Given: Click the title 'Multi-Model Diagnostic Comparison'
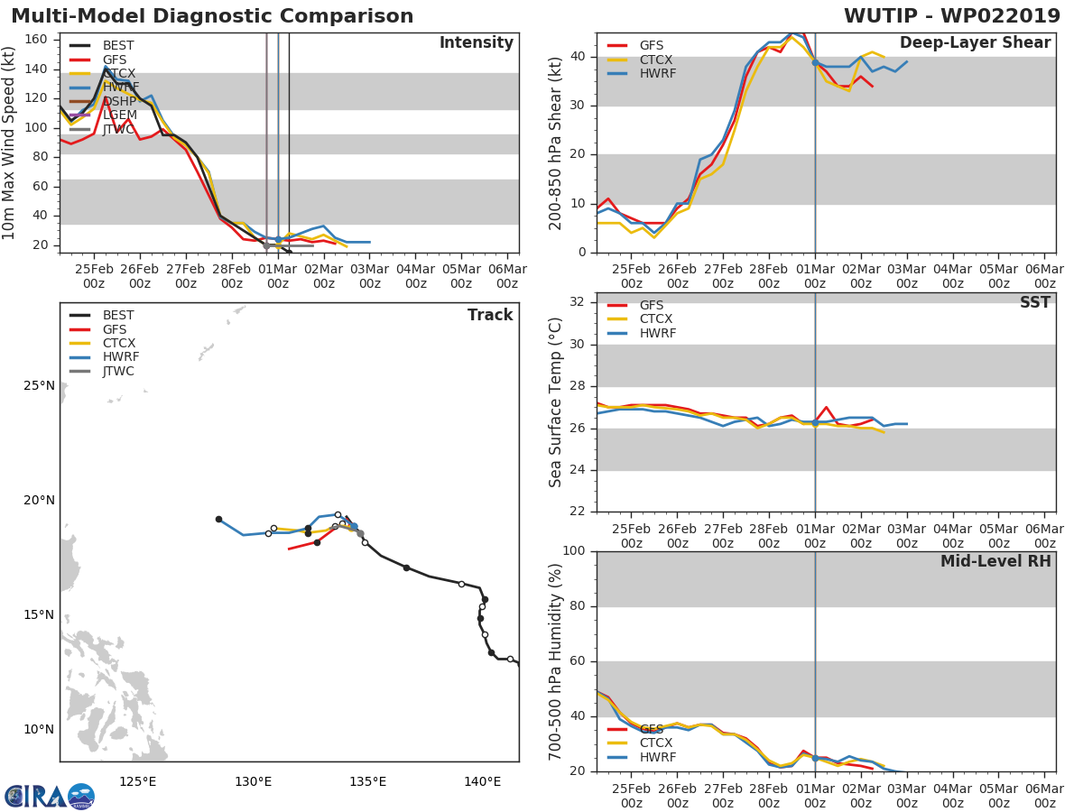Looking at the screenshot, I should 212,16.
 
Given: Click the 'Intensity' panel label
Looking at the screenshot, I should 476,43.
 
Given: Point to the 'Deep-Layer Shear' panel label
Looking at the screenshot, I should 975,43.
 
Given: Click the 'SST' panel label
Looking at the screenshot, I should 1034,303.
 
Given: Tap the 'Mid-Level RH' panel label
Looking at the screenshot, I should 995,562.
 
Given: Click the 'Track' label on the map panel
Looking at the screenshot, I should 490,315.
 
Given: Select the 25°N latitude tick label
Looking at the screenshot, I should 39,386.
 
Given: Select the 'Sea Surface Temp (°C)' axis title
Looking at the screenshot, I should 556,402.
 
